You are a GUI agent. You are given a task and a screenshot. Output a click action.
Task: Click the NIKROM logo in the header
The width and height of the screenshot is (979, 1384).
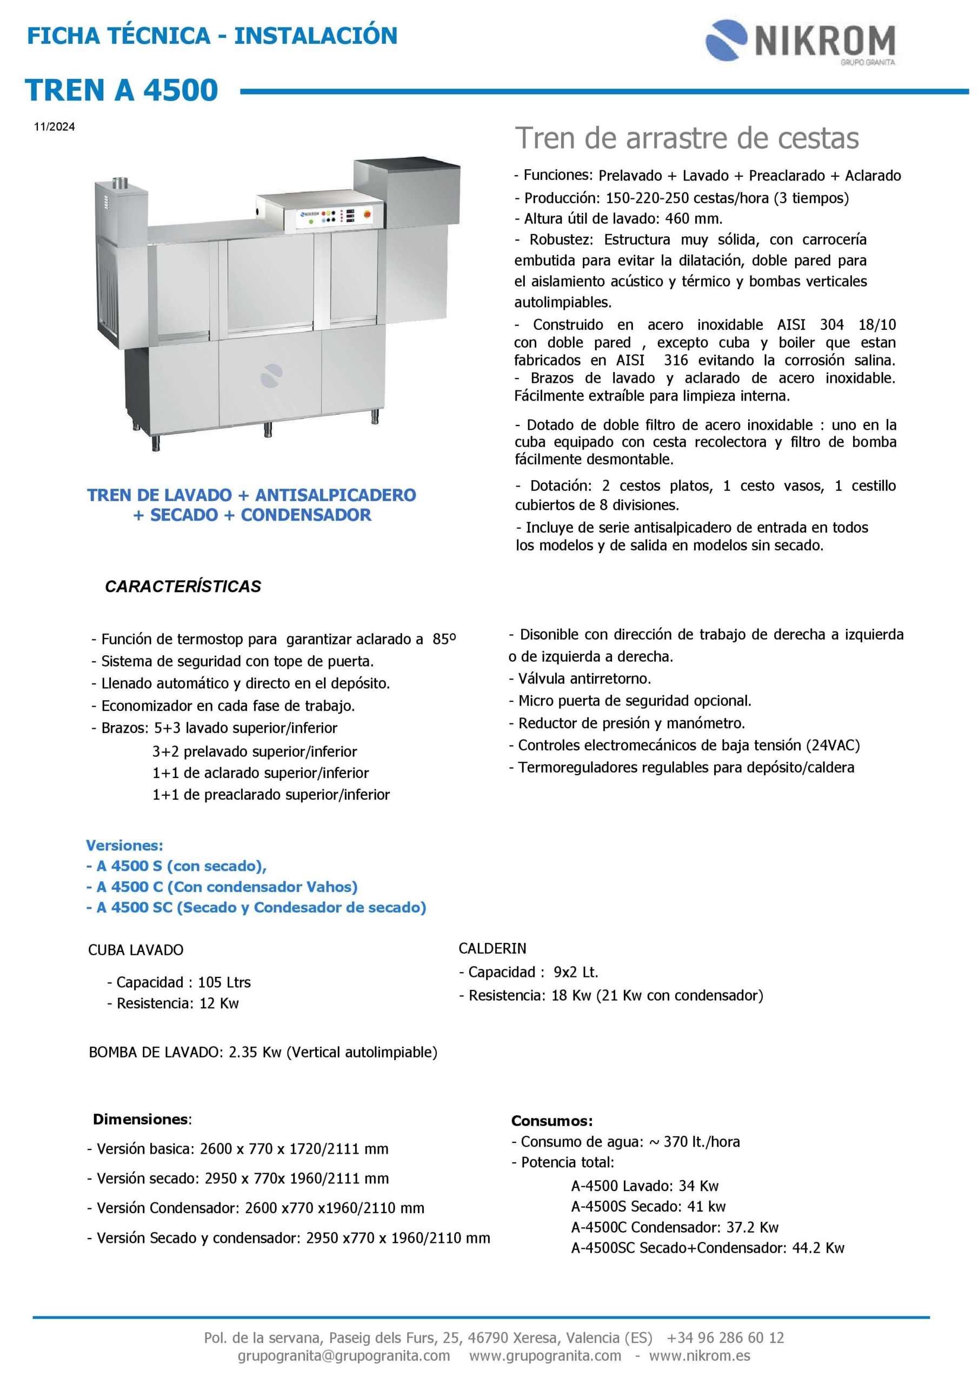pos(800,42)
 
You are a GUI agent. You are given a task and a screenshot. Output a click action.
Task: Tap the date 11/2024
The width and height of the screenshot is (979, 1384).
pos(54,127)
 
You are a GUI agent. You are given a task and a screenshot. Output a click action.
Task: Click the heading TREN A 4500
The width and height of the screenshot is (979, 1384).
pos(121,90)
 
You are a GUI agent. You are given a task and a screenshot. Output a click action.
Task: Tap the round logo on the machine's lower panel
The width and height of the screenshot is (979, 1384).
pos(271,376)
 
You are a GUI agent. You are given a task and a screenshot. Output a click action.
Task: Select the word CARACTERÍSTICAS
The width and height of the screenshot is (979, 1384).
pos(183,587)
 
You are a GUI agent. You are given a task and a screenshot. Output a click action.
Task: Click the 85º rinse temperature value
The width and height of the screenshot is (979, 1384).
pos(444,640)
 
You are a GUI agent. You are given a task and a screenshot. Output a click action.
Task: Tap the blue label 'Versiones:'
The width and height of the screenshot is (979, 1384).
pos(124,845)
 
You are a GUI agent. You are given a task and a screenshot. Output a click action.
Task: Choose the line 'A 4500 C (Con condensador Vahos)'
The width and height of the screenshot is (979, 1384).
pos(227,887)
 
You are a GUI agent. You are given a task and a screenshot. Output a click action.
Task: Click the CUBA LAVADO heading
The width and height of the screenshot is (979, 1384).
pos(136,950)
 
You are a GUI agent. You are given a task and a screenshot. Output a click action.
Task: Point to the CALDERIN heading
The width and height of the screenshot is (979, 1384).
pos(492,949)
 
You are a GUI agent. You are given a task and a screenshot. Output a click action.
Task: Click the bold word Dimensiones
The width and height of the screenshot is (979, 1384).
pos(141,1120)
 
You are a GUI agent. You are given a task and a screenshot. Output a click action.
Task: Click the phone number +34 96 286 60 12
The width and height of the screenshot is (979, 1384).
pos(725,1338)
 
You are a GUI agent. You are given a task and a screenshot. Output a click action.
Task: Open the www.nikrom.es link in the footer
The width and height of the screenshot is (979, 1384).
pos(700,1356)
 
